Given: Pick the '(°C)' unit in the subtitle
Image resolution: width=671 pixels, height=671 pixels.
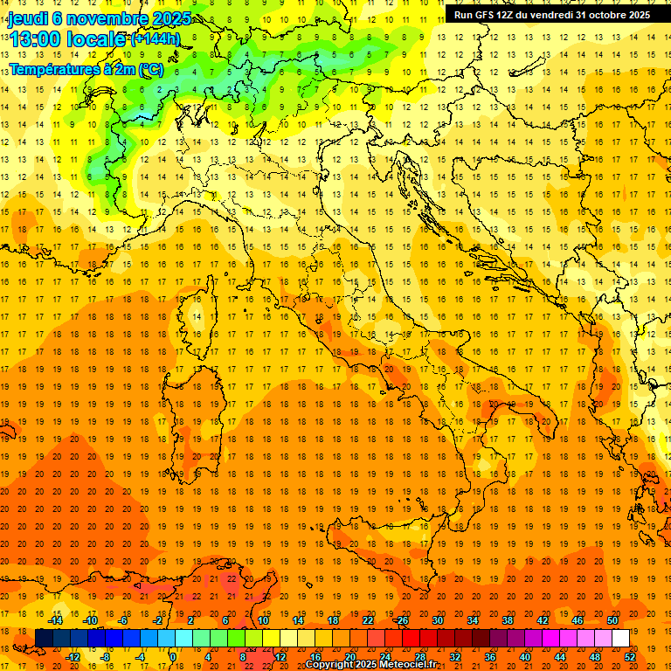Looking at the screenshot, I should click(149, 69).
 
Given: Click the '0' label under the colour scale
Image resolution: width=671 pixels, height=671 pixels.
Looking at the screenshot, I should click(173, 657).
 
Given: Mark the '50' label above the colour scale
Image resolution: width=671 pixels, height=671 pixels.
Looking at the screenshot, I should click(612, 620).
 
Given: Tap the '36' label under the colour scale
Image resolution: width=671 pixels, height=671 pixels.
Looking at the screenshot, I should click(490, 657).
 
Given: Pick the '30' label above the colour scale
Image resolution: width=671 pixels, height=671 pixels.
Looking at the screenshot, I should click(438, 620).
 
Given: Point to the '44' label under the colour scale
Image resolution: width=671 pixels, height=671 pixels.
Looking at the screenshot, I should click(560, 657).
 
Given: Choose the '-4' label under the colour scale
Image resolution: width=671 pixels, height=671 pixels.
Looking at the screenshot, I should click(139, 657).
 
